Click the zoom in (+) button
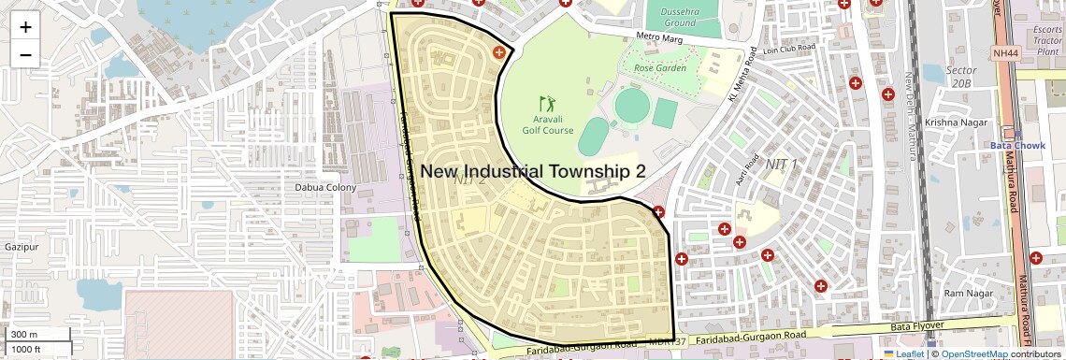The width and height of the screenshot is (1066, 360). coord(25,26)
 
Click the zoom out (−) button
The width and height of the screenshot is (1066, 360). coord(25,54)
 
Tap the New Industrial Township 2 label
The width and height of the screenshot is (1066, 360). coord(533,171)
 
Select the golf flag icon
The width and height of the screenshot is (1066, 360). coord(547,103)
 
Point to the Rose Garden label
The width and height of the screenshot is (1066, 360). coord(660,68)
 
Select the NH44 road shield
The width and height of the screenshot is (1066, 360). coord(1005,53)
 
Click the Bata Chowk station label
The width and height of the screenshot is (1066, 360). coord(1016,145)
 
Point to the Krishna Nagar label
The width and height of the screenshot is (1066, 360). coord(951,122)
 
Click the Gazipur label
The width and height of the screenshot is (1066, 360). coord(21,247)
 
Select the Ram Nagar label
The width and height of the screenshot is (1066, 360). coord(967,294)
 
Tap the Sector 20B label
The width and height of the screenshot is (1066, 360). coord(961,77)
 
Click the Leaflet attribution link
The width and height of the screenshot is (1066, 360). coord(903,354)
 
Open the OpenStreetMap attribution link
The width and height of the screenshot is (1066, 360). coord(973,354)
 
